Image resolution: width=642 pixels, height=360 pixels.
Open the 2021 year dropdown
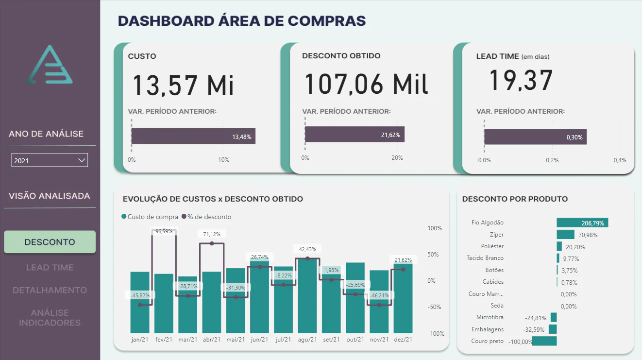pos(50,160)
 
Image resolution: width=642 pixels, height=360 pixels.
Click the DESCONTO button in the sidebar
pos(50,242)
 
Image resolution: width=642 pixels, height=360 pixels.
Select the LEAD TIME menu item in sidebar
pos(50,267)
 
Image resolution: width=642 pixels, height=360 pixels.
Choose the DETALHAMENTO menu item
pos(50,290)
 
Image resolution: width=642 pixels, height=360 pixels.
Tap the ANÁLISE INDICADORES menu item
pos(50,317)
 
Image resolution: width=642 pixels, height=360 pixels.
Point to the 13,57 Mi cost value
pos(183,85)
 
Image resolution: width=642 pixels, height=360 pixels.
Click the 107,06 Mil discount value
pos(366,84)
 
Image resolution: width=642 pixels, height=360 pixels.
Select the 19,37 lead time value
pos(521,81)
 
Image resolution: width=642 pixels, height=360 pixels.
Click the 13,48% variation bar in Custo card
pos(193,136)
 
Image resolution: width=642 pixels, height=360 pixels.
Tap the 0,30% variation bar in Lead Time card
pos(535,137)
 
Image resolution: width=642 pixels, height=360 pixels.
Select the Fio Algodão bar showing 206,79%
pos(582,223)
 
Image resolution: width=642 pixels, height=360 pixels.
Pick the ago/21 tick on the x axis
pos(307,340)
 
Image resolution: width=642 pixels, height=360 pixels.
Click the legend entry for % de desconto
pos(206,217)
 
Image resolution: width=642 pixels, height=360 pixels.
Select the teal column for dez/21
pos(403,298)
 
